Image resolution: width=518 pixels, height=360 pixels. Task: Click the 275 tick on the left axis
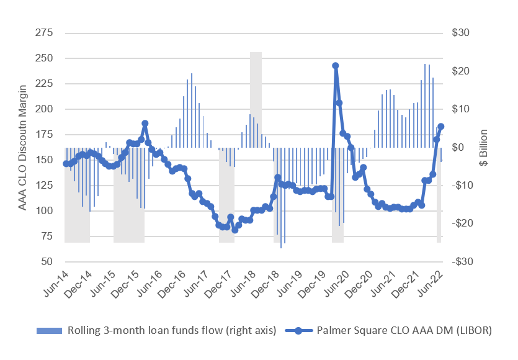pyautogui.click(x=44, y=33)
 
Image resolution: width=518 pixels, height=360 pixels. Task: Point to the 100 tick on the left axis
pyautogui.click(x=44, y=211)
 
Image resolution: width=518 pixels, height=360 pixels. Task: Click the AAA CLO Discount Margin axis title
pyautogui.click(x=22, y=147)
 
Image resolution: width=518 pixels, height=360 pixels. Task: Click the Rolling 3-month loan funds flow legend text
pyautogui.click(x=171, y=331)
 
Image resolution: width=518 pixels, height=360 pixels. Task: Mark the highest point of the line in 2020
pyautogui.click(x=336, y=66)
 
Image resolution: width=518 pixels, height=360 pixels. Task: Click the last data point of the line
pyautogui.click(x=441, y=127)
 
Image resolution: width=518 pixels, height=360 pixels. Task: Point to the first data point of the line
pyautogui.click(x=66, y=164)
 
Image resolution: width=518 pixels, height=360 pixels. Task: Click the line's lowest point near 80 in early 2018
pyautogui.click(x=235, y=230)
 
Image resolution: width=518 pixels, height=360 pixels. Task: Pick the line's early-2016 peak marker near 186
pyautogui.click(x=145, y=124)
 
